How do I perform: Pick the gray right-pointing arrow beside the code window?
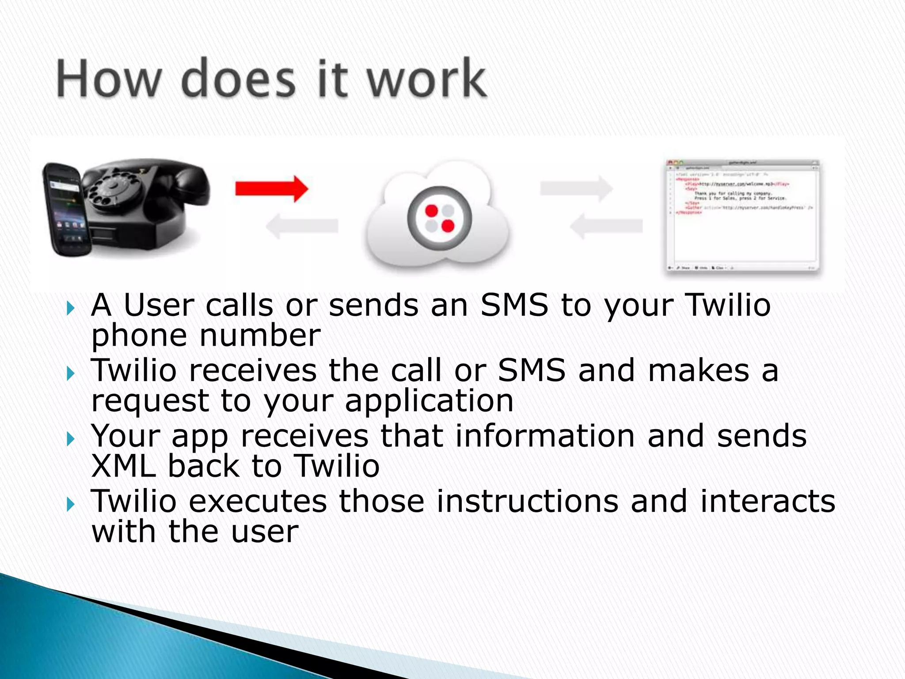[x=576, y=188]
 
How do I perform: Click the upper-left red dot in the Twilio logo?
[x=431, y=211]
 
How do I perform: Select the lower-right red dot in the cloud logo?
[x=448, y=226]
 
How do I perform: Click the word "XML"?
[x=124, y=466]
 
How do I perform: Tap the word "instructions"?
[x=528, y=501]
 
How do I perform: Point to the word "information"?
[x=545, y=436]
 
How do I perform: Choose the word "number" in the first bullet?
[x=260, y=336]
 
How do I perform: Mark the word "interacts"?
[x=768, y=501]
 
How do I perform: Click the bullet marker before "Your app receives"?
[x=71, y=439]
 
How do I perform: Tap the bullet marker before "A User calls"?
[x=71, y=308]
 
